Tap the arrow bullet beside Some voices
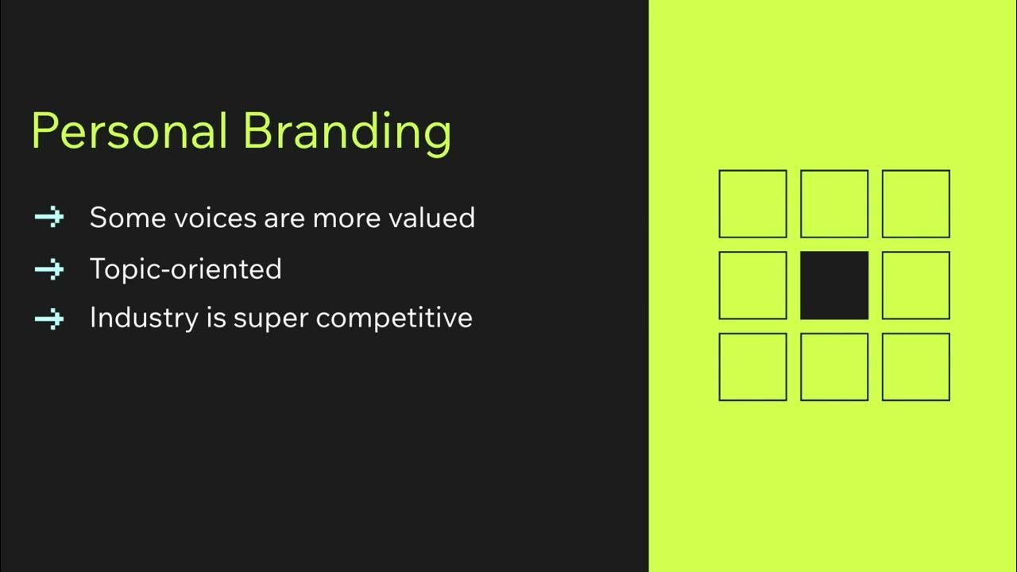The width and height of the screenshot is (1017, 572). pos(49,218)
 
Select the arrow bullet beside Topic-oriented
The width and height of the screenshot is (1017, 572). pos(49,269)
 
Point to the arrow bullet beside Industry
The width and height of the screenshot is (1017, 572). pos(49,319)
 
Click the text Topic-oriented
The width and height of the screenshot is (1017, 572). pos(185,269)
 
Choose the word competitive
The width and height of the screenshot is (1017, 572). pos(394,319)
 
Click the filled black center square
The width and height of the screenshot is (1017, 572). pos(833,285)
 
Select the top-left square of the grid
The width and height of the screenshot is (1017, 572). pos(752,204)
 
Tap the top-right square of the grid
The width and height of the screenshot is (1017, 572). pos(915,204)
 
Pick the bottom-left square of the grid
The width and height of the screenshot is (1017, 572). pos(752,367)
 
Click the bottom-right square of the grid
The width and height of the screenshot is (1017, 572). pos(915,367)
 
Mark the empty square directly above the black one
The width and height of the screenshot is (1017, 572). pos(833,204)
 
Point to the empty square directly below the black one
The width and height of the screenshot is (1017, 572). pos(833,367)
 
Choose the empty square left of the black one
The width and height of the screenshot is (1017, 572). pos(752,285)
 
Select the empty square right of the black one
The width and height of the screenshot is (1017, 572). pos(915,285)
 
